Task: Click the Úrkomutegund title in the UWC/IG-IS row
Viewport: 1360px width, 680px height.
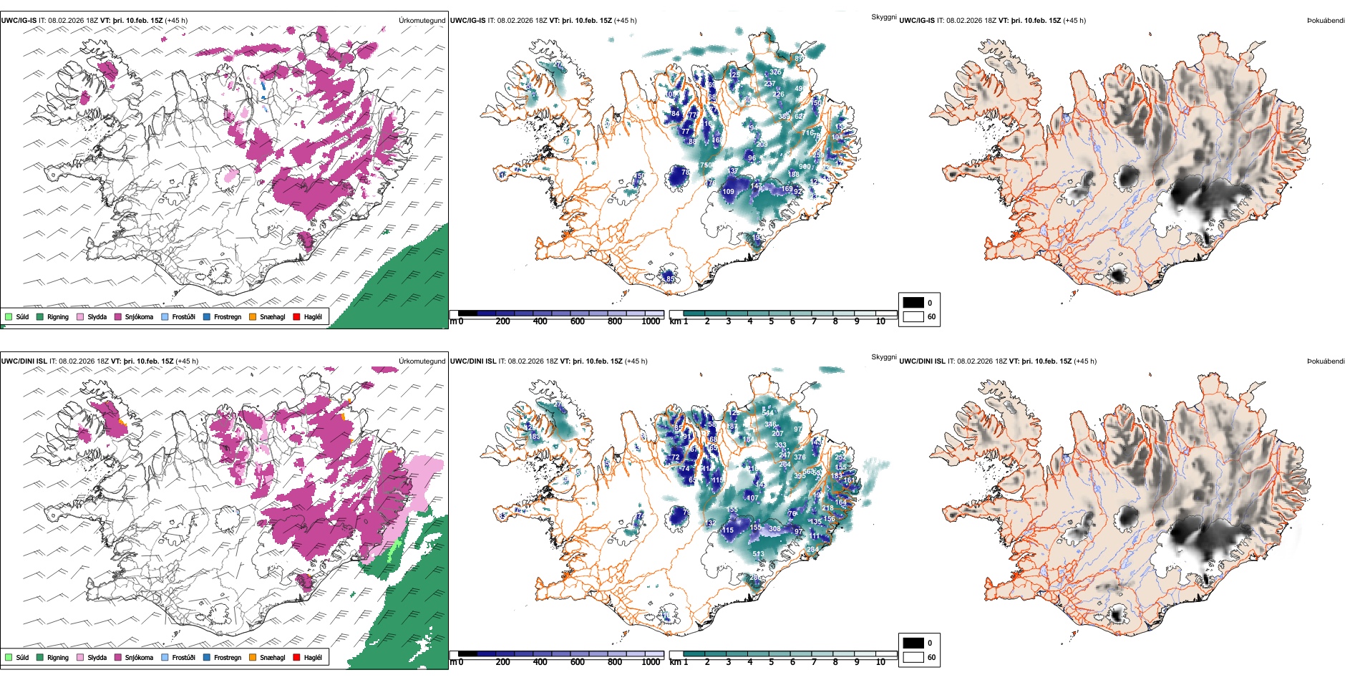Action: tap(422, 21)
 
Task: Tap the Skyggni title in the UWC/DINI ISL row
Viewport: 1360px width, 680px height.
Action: tap(883, 356)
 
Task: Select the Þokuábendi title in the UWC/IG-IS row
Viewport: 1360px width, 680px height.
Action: tap(1326, 21)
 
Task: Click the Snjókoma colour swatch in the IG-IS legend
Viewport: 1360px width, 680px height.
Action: tap(118, 316)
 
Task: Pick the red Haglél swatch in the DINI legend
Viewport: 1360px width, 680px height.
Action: tap(297, 657)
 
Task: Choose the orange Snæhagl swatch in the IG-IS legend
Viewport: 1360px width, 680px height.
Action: tap(253, 316)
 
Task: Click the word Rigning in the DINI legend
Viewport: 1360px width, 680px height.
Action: tap(58, 657)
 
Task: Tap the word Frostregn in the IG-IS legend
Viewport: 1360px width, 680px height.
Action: tap(228, 316)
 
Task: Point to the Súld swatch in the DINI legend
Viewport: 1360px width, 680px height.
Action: tap(9, 657)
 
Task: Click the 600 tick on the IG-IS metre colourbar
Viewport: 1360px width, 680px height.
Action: tap(577, 321)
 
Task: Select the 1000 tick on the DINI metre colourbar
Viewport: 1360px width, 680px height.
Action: tap(651, 662)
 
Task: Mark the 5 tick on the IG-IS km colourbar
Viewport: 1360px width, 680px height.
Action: tap(771, 321)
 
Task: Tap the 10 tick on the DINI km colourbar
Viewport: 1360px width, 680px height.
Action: tap(880, 662)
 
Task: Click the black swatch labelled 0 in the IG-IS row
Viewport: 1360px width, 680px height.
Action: tap(913, 302)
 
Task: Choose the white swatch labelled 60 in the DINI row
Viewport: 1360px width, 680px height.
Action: tap(913, 656)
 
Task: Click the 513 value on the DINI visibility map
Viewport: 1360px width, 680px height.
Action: tap(758, 553)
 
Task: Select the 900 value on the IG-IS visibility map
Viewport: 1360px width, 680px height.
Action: tap(805, 167)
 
